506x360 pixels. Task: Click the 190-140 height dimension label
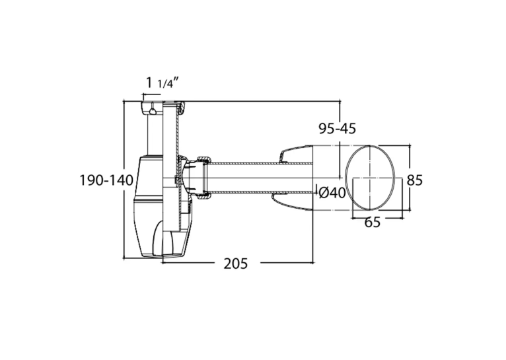point(106,180)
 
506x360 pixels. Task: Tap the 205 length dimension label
point(236,264)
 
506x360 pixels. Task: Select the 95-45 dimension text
point(338,128)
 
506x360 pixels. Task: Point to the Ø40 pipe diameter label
point(332,193)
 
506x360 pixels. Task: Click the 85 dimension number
point(414,180)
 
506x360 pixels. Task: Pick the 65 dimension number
point(373,222)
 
